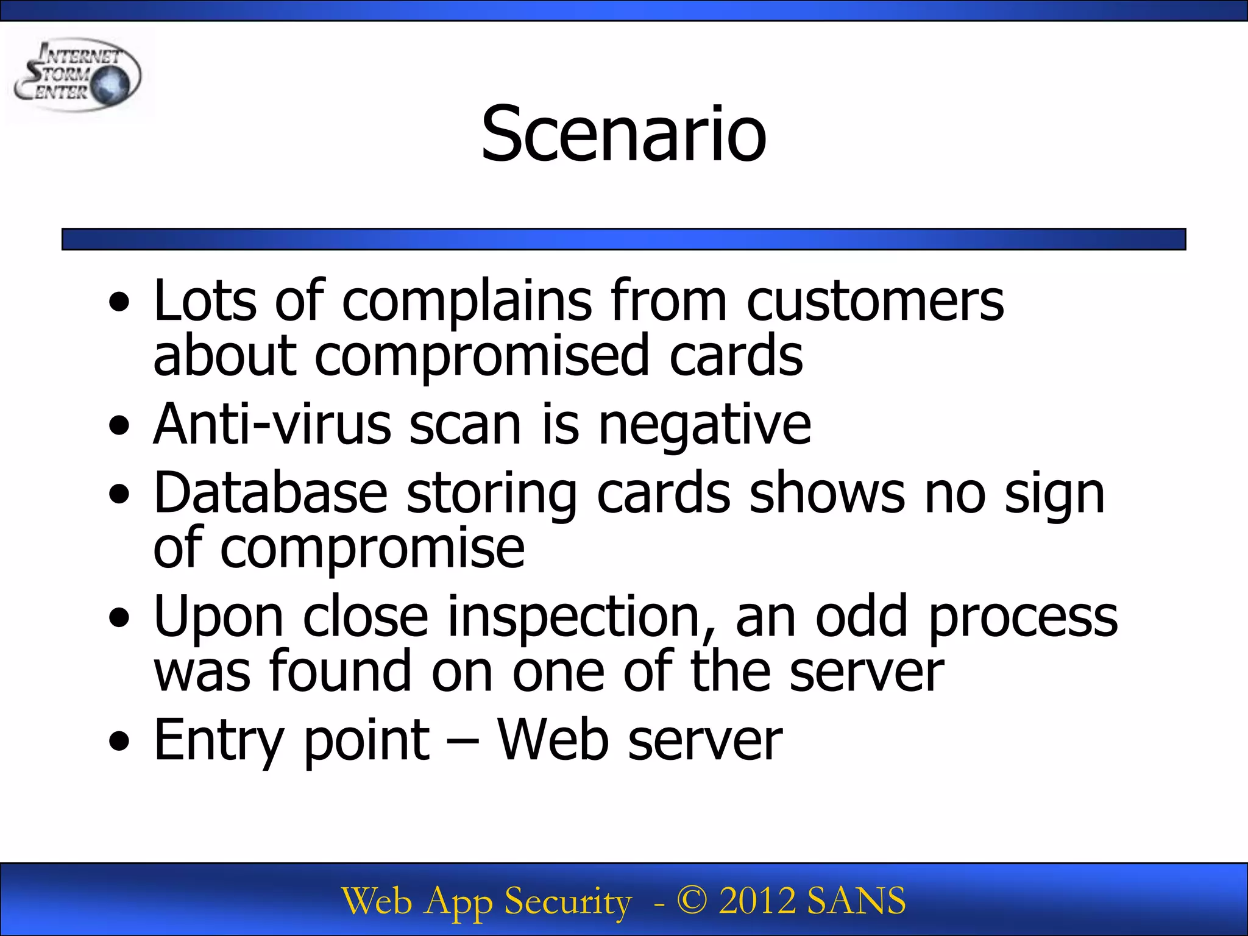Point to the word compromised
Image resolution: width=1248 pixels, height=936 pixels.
(x=481, y=356)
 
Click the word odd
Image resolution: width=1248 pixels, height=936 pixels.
(x=862, y=617)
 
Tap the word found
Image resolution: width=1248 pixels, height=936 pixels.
(x=341, y=672)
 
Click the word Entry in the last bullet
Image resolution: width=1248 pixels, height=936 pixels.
(x=219, y=741)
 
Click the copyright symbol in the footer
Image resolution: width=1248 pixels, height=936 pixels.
(x=692, y=901)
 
